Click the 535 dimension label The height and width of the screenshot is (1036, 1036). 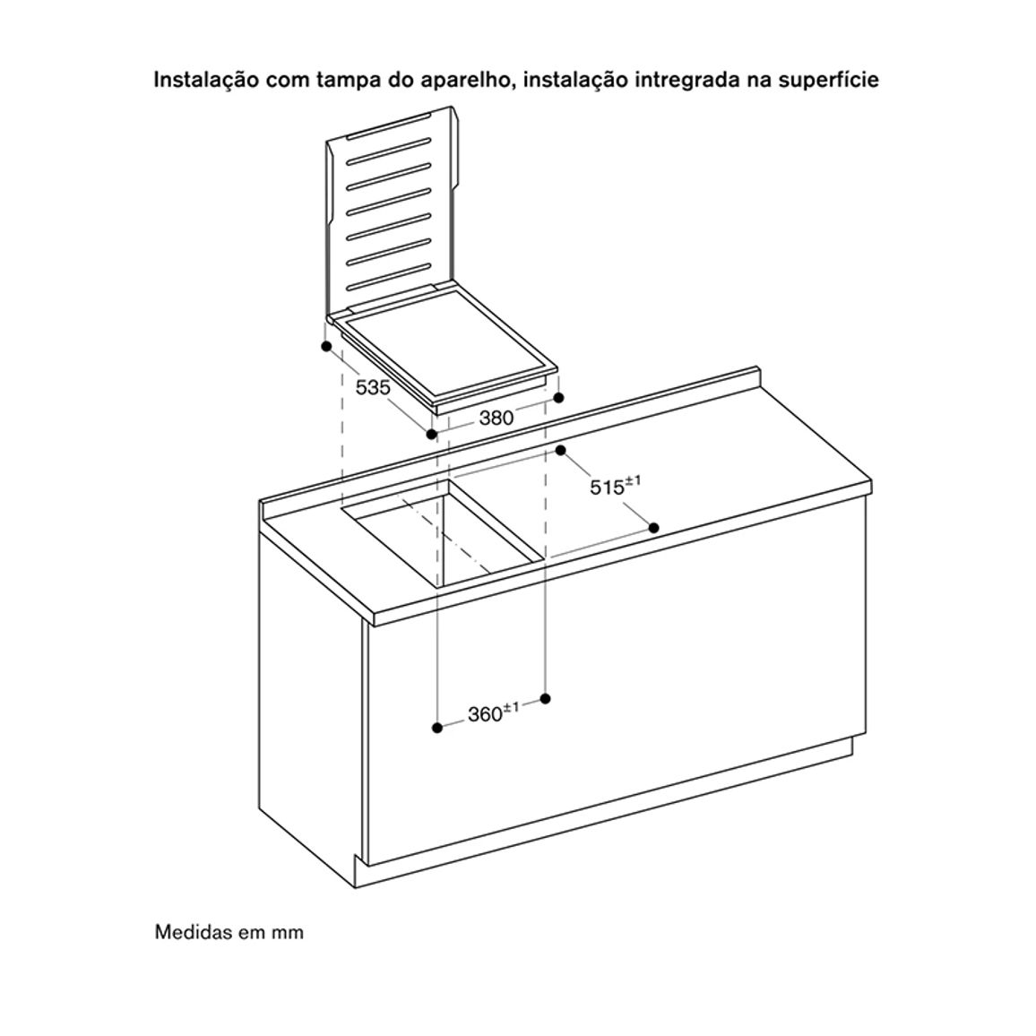pos(374,387)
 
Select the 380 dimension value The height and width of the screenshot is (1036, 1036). pos(496,418)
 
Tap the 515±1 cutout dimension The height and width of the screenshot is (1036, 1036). pos(615,487)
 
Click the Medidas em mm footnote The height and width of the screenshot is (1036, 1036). pos(229,932)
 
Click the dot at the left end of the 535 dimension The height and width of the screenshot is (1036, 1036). pos(325,346)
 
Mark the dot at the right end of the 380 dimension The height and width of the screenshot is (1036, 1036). pos(559,398)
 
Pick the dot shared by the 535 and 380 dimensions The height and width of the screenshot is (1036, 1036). pos(431,434)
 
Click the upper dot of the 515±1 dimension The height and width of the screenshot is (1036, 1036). pos(561,451)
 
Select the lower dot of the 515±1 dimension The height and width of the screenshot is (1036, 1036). pos(654,527)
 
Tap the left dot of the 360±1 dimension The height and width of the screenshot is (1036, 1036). pos(436,728)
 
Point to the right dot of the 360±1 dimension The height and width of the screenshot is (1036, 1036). pos(545,698)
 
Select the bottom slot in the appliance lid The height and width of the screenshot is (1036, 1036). pos(390,275)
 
